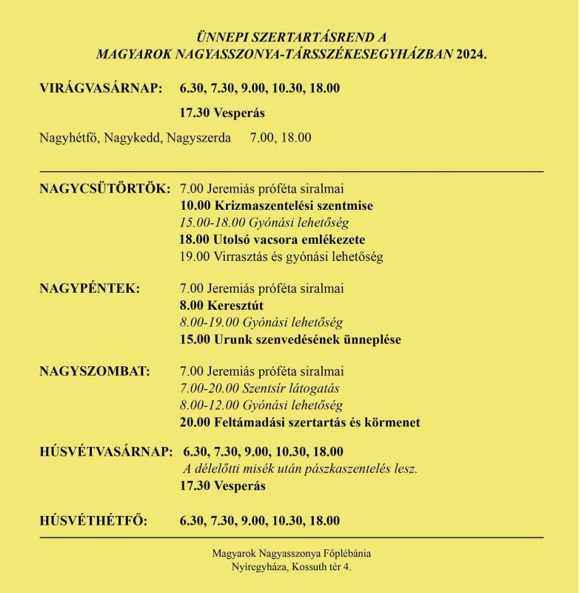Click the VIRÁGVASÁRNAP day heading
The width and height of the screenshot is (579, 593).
point(100,89)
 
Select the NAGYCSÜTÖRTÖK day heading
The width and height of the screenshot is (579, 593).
point(104,188)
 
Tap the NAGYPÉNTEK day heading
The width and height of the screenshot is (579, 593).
point(89,288)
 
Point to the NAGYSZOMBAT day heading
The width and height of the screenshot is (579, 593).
point(94,371)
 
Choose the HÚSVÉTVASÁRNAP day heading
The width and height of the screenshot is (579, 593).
point(106,451)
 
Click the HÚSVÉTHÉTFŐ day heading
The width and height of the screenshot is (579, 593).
point(93,521)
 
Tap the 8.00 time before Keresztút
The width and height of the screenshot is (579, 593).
point(193,305)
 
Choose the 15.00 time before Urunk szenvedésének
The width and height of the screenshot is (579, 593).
point(195,340)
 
